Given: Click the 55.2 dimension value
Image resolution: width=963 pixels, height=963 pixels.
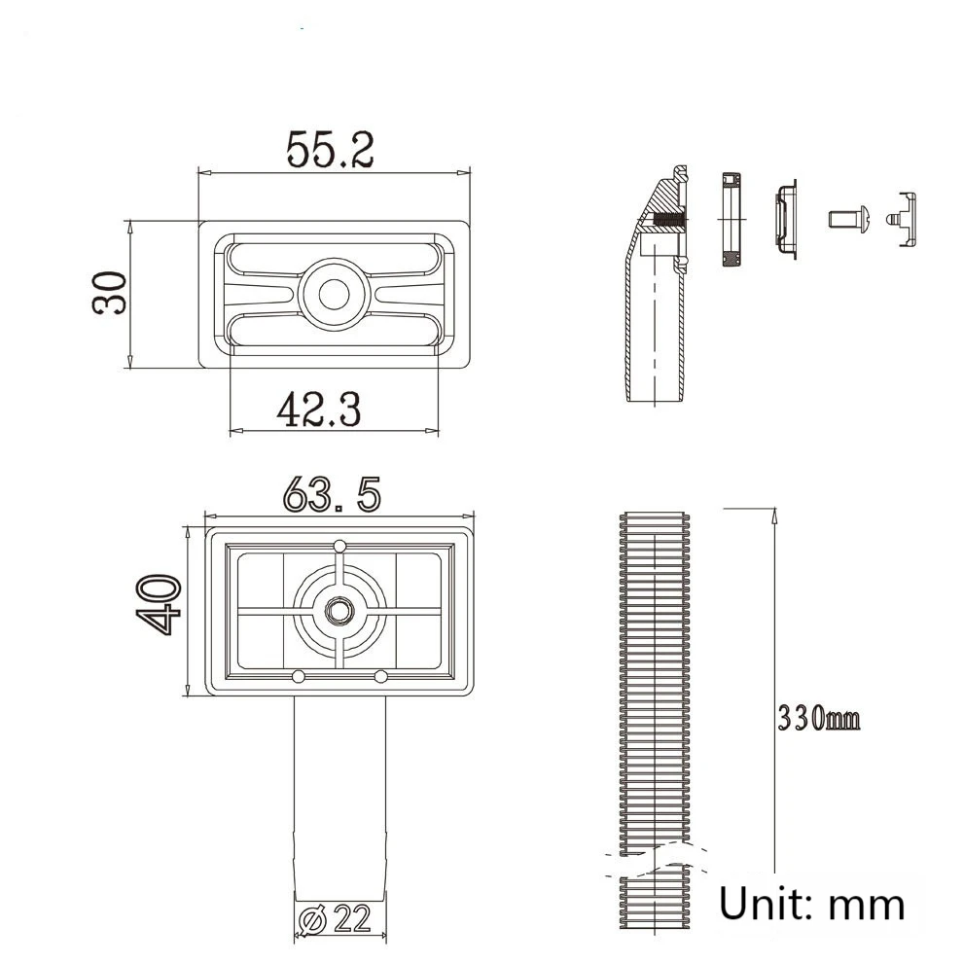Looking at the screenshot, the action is (x=331, y=149).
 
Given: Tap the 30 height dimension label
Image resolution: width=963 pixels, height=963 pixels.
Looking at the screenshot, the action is (x=110, y=293).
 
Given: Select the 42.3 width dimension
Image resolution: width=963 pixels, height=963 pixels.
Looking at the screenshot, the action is (x=319, y=409).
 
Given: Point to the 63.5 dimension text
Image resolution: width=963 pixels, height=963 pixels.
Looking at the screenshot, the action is (x=333, y=494).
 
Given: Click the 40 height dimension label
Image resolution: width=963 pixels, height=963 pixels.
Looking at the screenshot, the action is (x=159, y=604).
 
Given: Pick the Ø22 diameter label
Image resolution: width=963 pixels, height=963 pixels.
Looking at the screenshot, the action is (x=336, y=919).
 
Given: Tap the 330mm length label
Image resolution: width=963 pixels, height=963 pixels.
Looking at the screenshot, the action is (x=819, y=717).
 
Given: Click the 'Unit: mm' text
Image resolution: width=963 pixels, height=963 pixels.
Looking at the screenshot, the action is (x=811, y=904).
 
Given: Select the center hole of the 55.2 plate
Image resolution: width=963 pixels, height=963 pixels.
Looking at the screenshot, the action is (x=334, y=295).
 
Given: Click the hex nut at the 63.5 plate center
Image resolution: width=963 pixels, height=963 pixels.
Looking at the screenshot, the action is (x=337, y=611).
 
